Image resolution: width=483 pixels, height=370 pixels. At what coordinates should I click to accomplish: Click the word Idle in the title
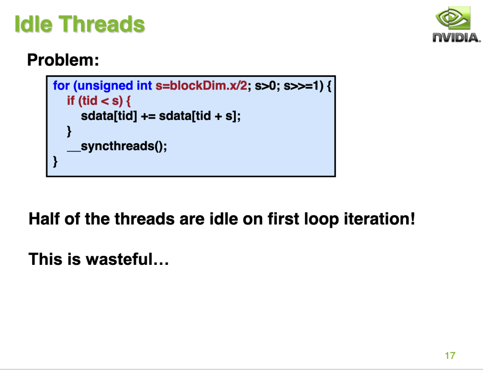pos(34,24)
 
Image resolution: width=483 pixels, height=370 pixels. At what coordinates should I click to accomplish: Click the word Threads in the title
pos(102,24)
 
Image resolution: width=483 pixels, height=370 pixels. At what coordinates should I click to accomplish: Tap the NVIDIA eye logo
pos(453,18)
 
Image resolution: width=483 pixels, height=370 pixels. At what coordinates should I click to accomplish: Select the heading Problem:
pos(63,60)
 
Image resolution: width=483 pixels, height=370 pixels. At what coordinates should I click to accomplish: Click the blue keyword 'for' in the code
pos(61,85)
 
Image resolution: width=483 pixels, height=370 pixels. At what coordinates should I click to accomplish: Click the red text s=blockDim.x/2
pos(201,85)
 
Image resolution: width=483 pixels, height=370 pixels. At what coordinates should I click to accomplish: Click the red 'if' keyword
pos(71,101)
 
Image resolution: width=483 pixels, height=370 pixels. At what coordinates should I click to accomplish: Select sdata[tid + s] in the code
pos(198,116)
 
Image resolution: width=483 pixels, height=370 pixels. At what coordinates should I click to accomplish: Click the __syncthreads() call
pos(117,146)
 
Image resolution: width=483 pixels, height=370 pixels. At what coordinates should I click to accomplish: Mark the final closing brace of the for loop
pos(55,162)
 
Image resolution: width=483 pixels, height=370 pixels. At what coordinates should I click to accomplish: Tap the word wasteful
pos(119,259)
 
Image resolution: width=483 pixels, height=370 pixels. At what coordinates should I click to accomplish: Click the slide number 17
pos(450,356)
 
